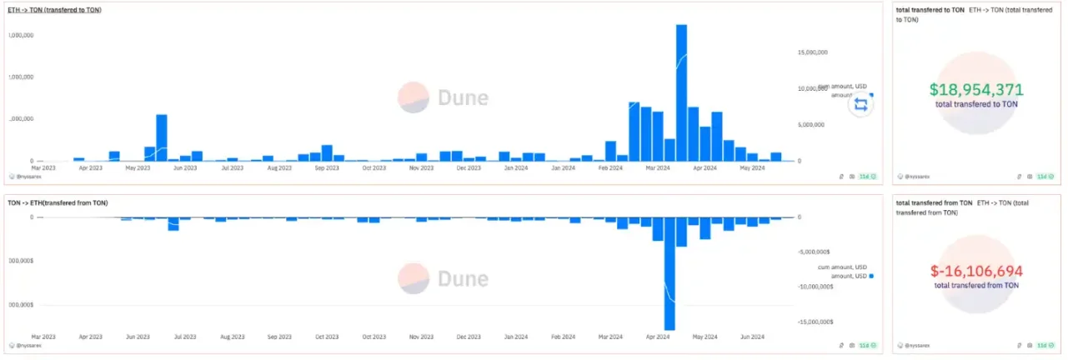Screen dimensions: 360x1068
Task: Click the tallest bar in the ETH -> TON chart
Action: coord(681,92)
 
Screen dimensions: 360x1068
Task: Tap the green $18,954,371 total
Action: coord(976,90)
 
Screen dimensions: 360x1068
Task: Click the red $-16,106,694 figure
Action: coord(976,272)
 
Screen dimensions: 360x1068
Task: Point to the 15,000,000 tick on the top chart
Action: coord(812,52)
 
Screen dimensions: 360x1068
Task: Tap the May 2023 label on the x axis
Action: coord(138,168)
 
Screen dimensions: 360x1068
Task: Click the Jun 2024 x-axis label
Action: coord(753,337)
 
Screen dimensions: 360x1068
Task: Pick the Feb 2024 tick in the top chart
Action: coord(610,168)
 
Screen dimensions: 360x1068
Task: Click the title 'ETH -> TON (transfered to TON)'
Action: coord(54,11)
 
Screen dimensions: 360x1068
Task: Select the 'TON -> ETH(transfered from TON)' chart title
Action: coord(58,203)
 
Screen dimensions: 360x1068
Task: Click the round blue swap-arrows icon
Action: coord(860,104)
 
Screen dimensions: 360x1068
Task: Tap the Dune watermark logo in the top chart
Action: coord(414,97)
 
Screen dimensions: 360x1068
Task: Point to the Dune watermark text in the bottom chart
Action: coord(463,278)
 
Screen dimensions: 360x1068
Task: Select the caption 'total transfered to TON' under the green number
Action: coord(976,104)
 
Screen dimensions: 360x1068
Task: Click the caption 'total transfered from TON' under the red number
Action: coord(976,286)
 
